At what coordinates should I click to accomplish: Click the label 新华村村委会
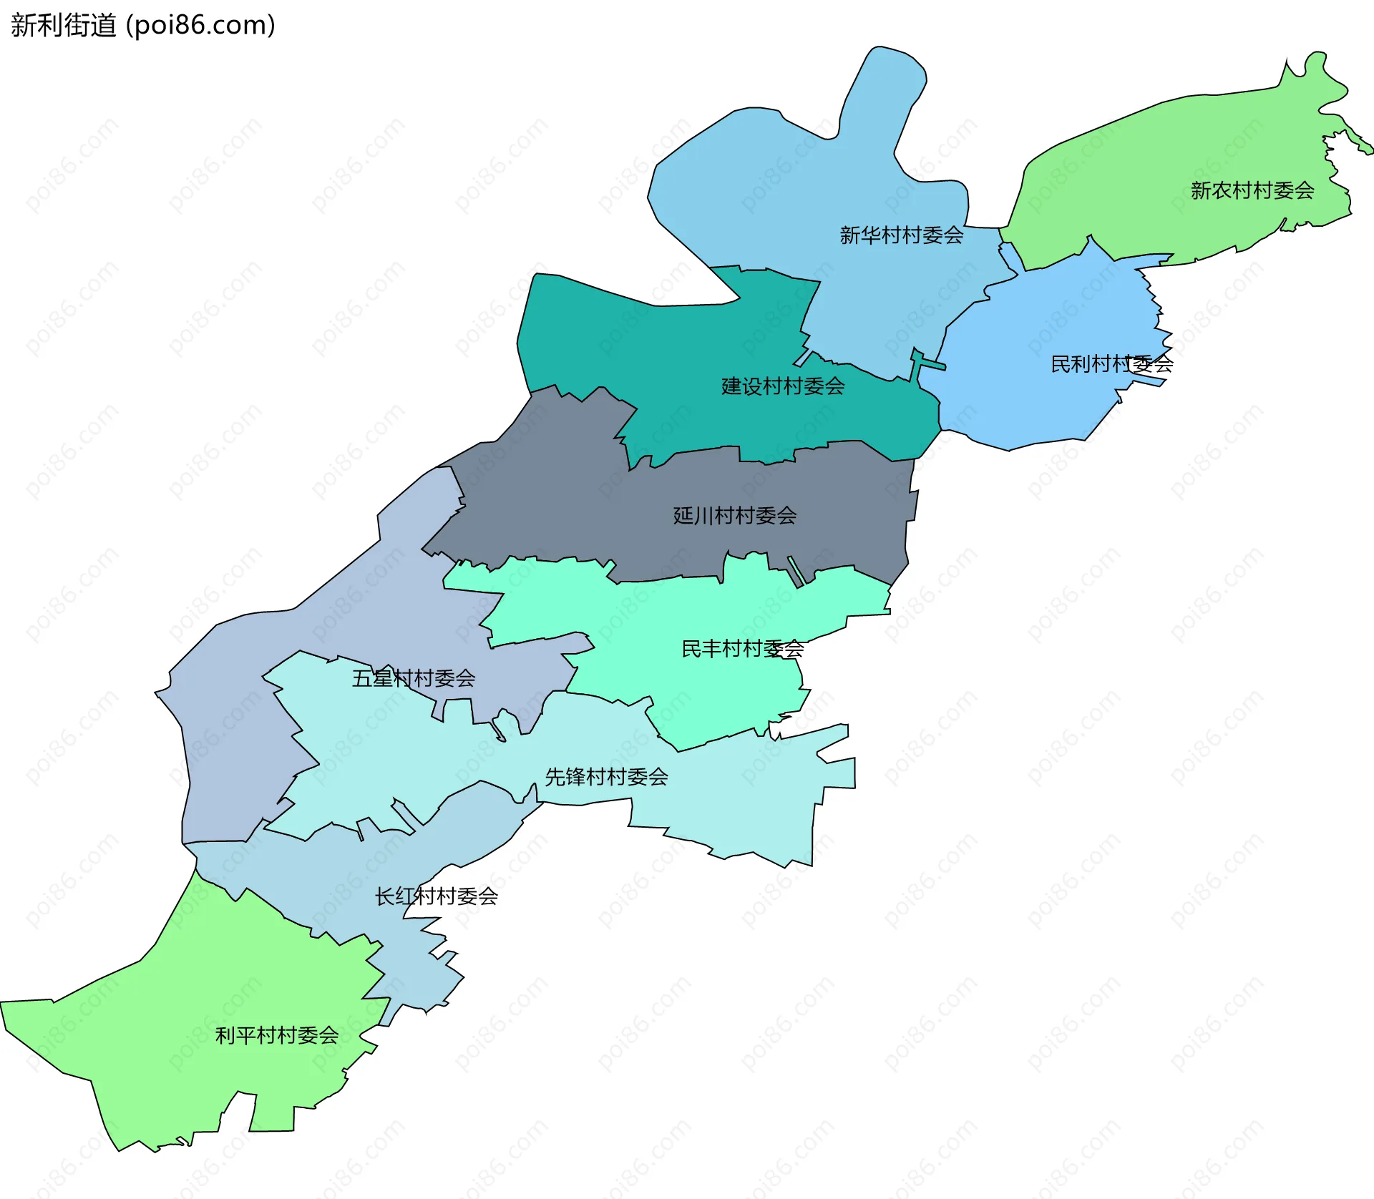[901, 235]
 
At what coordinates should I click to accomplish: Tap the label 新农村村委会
[1252, 190]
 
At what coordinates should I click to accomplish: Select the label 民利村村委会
[1111, 364]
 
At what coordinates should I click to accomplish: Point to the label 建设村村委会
[782, 386]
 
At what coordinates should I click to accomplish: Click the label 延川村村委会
[734, 515]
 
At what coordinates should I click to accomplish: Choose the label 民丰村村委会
[742, 649]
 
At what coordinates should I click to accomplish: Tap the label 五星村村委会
[413, 678]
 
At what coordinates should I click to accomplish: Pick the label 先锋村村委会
[606, 777]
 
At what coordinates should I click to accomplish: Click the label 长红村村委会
[436, 896]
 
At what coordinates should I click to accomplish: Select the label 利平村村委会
[276, 1035]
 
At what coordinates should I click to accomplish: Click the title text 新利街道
[63, 26]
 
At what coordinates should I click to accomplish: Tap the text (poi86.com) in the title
[200, 26]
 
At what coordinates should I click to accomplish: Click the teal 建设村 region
[644, 343]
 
